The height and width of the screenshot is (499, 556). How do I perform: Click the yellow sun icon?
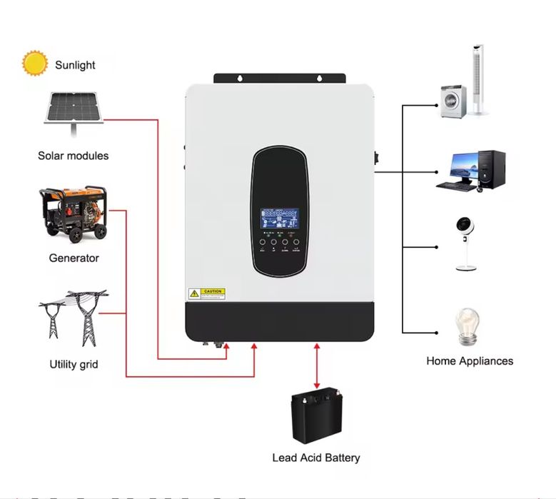point(34,64)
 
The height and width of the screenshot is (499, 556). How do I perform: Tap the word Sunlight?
point(75,65)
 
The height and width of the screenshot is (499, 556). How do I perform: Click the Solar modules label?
point(74,155)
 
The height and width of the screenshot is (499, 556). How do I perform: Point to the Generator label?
point(74,258)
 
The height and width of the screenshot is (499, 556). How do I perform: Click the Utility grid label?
point(74,364)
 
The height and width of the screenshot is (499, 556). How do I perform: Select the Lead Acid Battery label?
point(316,458)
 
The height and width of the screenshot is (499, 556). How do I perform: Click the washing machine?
point(451,101)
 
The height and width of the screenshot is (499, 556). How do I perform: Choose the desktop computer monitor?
point(458,168)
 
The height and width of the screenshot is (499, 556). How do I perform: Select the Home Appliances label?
point(470,361)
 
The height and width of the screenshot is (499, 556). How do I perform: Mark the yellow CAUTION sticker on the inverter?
point(206,293)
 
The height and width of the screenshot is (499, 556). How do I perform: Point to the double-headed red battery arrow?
point(317,364)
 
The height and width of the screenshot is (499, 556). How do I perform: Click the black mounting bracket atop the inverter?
point(280,78)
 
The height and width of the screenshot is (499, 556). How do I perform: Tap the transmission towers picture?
point(73,317)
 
